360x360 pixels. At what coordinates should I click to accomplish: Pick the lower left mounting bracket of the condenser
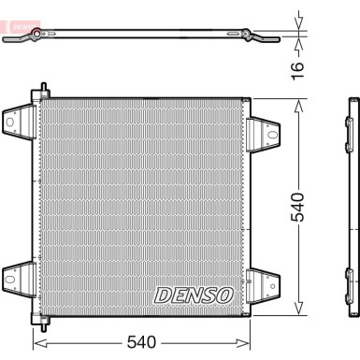click(x=18, y=278)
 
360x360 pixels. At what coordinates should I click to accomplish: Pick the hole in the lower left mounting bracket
click(x=15, y=278)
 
